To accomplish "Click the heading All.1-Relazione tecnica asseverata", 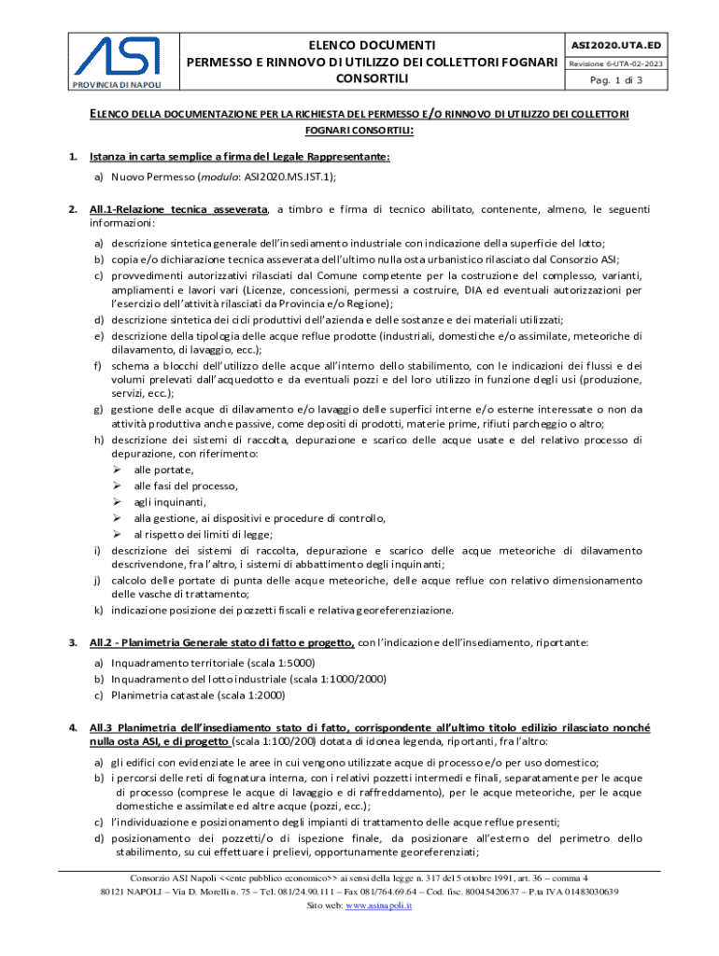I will click(x=178, y=209).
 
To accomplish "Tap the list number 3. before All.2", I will click(x=72, y=642).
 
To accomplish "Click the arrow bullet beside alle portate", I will click(x=118, y=470).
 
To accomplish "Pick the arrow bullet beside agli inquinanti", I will click(x=118, y=502).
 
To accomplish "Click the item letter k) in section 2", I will click(x=97, y=611).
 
